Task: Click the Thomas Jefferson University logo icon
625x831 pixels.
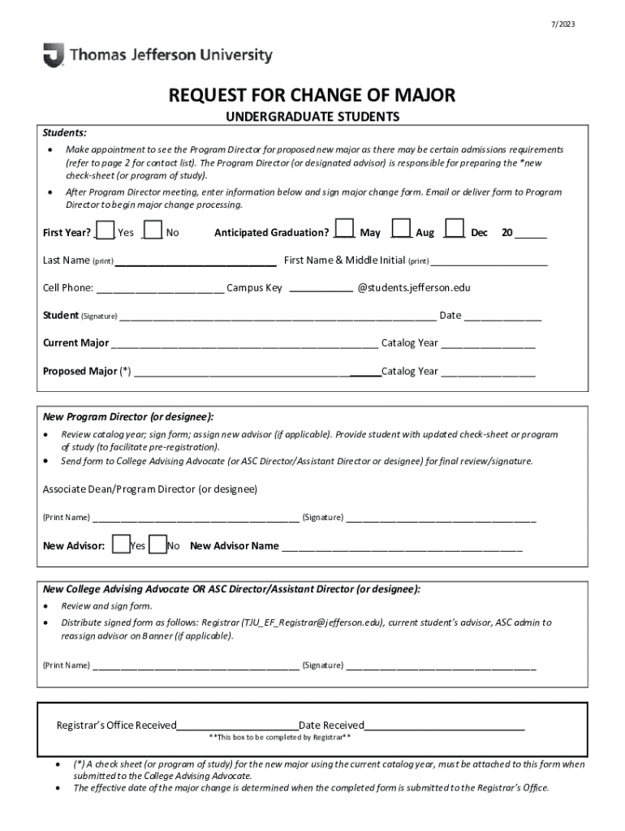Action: pos(53,55)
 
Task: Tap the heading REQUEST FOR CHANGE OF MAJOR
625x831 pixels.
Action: pos(312,96)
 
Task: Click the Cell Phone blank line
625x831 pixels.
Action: pos(160,288)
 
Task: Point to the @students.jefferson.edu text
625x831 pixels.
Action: pos(414,288)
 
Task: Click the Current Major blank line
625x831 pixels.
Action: pos(244,343)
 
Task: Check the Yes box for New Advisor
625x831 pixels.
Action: pos(121,544)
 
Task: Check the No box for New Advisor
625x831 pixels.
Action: pos(158,544)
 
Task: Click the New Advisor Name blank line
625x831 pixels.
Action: pos(402,546)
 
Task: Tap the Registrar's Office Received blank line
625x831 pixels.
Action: pos(237,726)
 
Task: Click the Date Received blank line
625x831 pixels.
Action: pos(444,726)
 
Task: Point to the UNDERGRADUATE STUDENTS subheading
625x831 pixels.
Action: pos(312,117)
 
